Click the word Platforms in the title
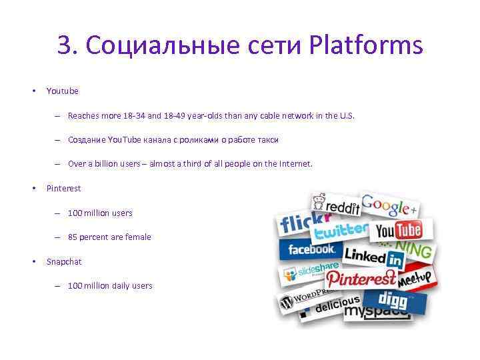tap(366, 46)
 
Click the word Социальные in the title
tap(161, 46)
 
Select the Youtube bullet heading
tap(62, 91)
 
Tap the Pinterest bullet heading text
tap(63, 189)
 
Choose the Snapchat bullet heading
tap(64, 261)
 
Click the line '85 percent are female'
tap(109, 237)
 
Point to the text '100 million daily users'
tap(110, 286)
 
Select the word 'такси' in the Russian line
tap(268, 140)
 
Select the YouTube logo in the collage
tap(399, 231)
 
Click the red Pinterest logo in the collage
tap(360, 278)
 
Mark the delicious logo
tap(337, 306)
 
